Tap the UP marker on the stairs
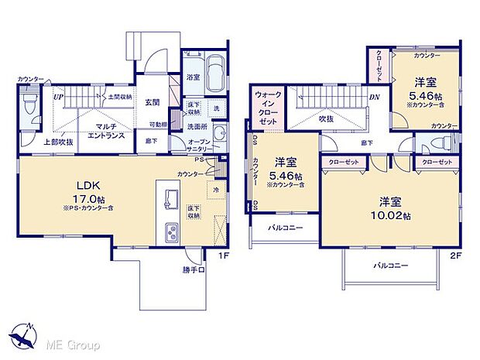(58, 98)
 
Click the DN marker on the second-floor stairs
(373, 98)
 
